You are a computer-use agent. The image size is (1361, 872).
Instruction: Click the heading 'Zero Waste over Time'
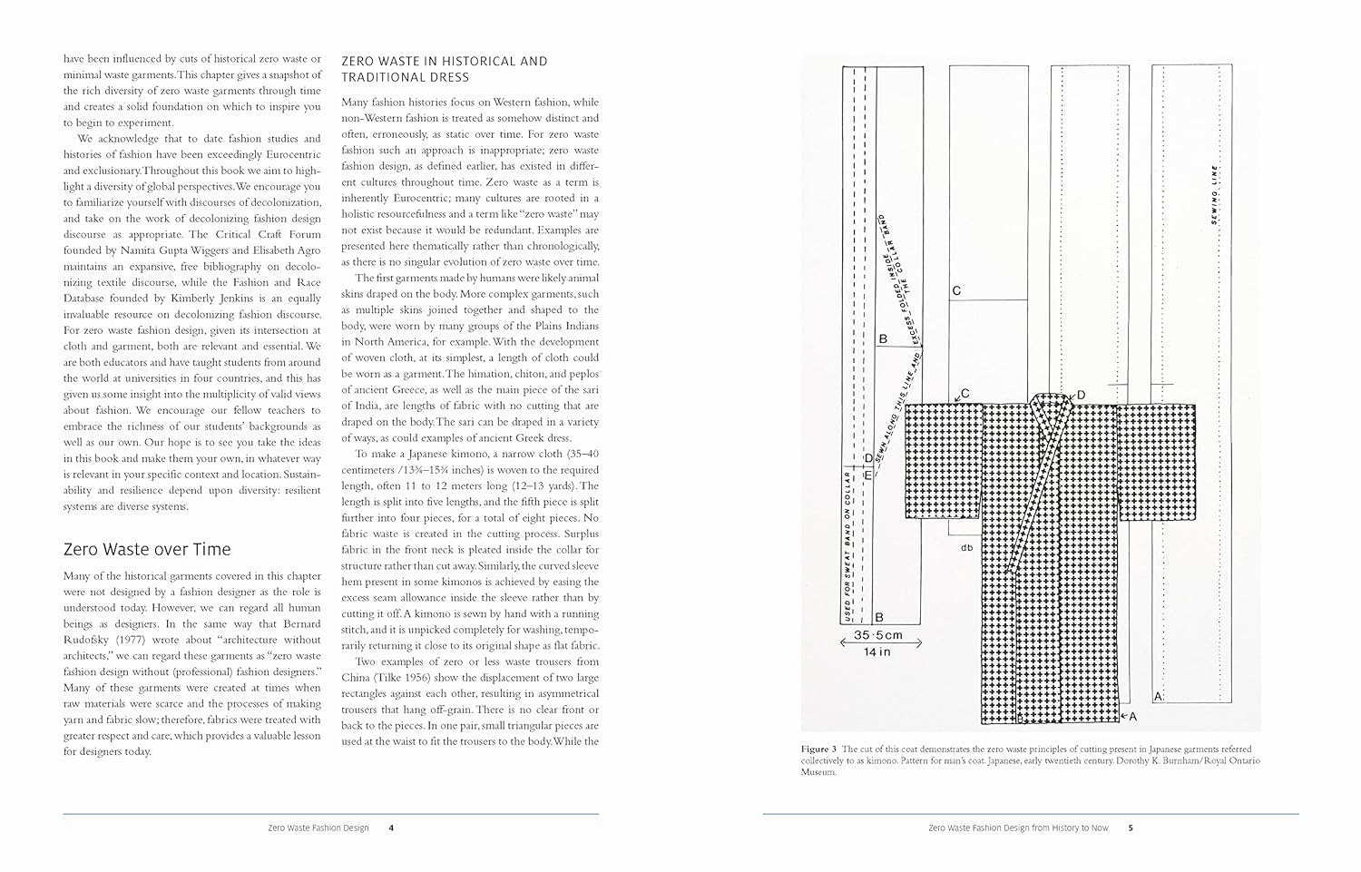click(147, 549)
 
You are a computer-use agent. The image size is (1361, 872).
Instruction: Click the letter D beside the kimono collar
click(1080, 396)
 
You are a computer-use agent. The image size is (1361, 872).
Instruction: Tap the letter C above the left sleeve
click(964, 393)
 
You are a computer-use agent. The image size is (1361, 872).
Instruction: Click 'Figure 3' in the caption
click(819, 749)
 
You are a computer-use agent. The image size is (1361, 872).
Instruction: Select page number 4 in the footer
click(390, 828)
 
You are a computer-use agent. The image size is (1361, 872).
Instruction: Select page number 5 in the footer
click(1130, 828)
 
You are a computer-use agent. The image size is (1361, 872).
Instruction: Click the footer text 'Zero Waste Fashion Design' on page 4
click(318, 828)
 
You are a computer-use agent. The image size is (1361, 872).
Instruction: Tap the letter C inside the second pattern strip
click(955, 291)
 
